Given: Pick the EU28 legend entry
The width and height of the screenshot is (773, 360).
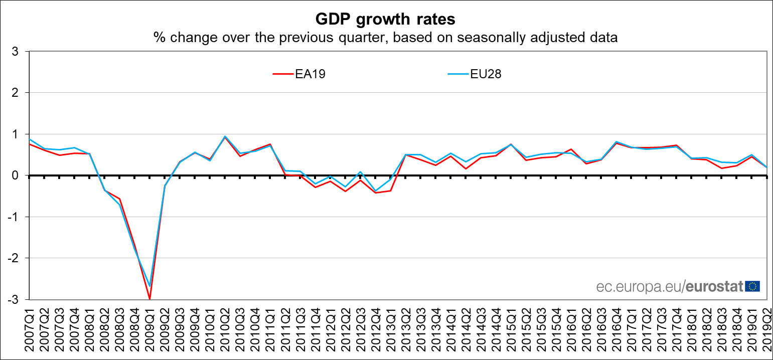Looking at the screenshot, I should tap(475, 74).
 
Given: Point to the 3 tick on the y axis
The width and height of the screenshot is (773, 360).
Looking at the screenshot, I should tap(16, 51).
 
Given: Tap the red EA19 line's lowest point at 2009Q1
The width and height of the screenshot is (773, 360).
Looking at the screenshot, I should tap(149, 299).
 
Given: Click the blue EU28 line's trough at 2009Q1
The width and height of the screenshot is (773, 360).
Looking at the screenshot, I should tap(149, 286).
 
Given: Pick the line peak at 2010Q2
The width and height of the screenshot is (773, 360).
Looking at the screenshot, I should tap(225, 136).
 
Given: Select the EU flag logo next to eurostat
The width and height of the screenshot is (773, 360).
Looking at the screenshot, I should tap(752, 286).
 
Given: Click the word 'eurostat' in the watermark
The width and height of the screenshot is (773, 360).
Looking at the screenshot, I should tap(713, 287).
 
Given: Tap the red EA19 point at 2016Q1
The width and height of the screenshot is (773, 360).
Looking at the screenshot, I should tap(570, 149).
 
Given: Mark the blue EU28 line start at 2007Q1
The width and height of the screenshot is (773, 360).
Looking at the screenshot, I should tap(30, 139).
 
